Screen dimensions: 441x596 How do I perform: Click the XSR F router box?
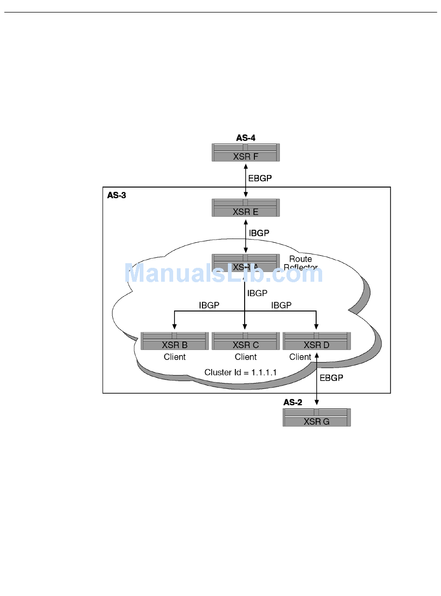(246, 153)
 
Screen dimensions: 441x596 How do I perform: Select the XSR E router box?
(246, 208)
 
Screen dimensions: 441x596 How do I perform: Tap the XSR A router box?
(246, 263)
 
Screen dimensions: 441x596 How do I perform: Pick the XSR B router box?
(175, 341)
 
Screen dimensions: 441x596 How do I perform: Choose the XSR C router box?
(246, 341)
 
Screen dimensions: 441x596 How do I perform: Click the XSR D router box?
(317, 341)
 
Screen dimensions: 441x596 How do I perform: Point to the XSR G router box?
(317, 418)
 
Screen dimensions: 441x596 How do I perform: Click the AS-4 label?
(246, 138)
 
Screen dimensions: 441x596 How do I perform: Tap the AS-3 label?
(117, 195)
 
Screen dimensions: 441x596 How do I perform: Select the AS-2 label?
(293, 402)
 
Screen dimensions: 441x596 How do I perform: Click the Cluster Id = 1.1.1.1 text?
(235, 372)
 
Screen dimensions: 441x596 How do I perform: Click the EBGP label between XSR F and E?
(260, 178)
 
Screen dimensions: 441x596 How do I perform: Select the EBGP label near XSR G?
(331, 378)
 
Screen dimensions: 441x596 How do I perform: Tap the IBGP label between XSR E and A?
(259, 233)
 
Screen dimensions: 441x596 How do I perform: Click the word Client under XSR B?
(175, 357)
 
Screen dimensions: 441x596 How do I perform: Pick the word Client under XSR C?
(246, 357)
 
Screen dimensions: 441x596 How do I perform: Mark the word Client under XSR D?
(300, 357)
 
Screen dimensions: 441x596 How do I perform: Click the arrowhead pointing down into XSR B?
(175, 326)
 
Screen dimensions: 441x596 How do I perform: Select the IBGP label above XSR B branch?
(209, 305)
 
